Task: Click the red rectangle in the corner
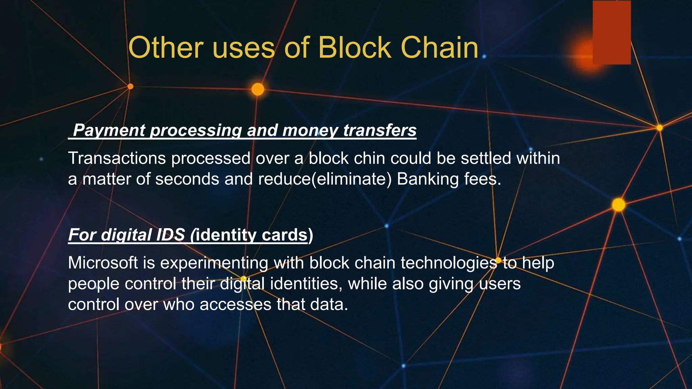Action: pos(612,32)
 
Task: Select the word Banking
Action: pos(427,179)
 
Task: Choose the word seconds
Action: pos(187,179)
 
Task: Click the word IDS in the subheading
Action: pos(170,235)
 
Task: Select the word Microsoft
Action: pos(103,263)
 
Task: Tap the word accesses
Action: pos(235,305)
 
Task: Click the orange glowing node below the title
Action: pos(258,89)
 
